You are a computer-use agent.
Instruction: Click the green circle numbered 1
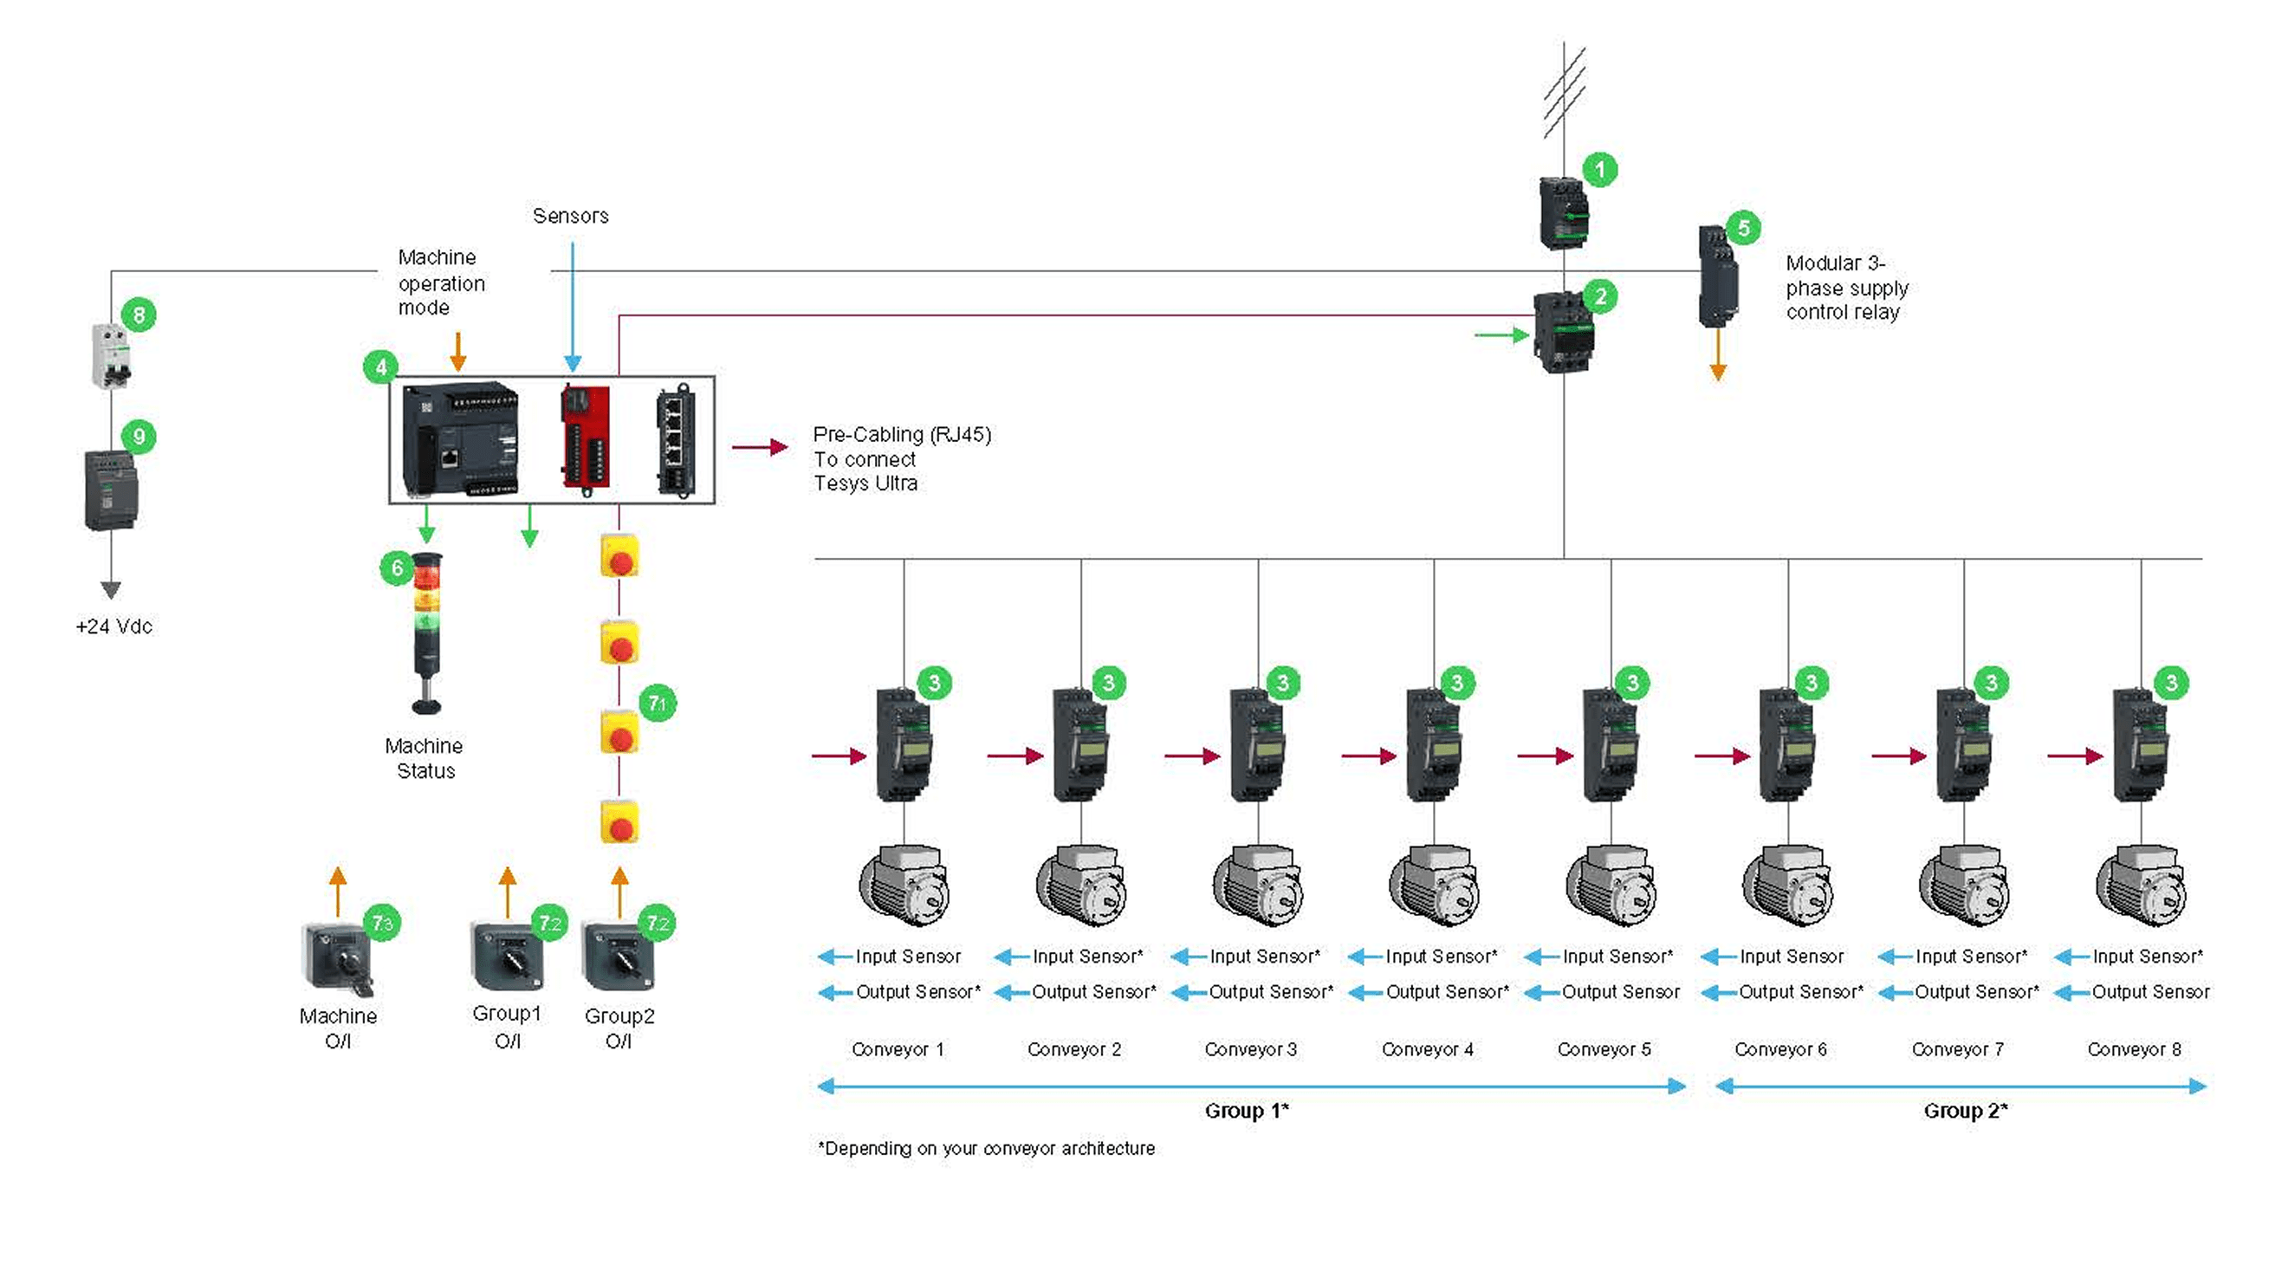click(1599, 169)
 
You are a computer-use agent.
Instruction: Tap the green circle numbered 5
click(1743, 228)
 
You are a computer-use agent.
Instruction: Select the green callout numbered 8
click(139, 315)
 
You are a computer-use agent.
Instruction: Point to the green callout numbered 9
click(139, 436)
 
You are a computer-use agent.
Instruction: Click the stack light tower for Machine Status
click(427, 632)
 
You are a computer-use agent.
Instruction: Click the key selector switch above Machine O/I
click(339, 957)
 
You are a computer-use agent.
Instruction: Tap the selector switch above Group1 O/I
click(507, 957)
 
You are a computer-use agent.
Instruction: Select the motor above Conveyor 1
click(904, 885)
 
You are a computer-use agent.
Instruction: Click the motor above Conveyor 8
click(2141, 885)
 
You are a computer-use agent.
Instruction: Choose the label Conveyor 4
click(1428, 1049)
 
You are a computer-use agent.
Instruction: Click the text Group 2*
click(1966, 1111)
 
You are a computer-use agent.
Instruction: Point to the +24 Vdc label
click(113, 626)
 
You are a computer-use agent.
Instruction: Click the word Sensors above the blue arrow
click(570, 216)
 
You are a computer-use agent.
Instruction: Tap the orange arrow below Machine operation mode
click(457, 352)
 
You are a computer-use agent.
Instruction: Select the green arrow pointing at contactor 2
click(1501, 335)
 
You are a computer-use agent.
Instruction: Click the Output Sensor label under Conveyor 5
click(1620, 991)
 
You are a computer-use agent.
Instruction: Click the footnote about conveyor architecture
click(986, 1148)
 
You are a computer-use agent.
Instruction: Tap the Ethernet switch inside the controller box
click(675, 440)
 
